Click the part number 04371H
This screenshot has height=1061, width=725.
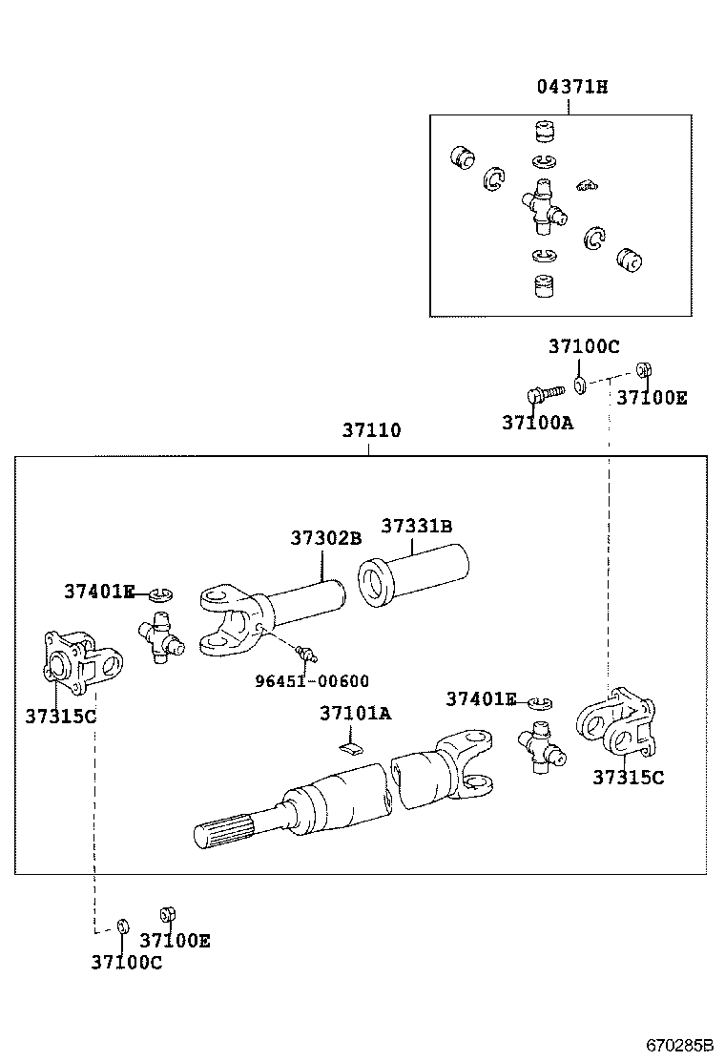click(x=572, y=87)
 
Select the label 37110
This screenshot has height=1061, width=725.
click(x=371, y=429)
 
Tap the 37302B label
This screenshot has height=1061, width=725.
click(x=326, y=538)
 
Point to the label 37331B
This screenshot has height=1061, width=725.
click(x=417, y=526)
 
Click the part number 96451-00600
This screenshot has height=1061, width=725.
click(x=312, y=680)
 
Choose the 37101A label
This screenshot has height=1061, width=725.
click(x=355, y=713)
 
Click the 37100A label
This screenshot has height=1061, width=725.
click(x=538, y=423)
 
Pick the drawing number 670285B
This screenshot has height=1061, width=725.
click(x=679, y=1046)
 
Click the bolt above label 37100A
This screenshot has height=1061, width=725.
click(x=545, y=393)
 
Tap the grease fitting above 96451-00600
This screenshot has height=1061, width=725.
click(x=306, y=654)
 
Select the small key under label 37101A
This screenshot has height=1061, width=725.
click(x=350, y=748)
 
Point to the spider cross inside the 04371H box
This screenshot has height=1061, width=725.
click(x=544, y=206)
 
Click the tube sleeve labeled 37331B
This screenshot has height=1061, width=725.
click(x=413, y=575)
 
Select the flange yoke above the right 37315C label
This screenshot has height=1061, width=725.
click(x=615, y=724)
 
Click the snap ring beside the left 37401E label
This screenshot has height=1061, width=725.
click(x=161, y=594)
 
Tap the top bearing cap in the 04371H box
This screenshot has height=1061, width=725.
click(x=545, y=132)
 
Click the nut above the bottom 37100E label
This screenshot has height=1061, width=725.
click(x=167, y=915)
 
